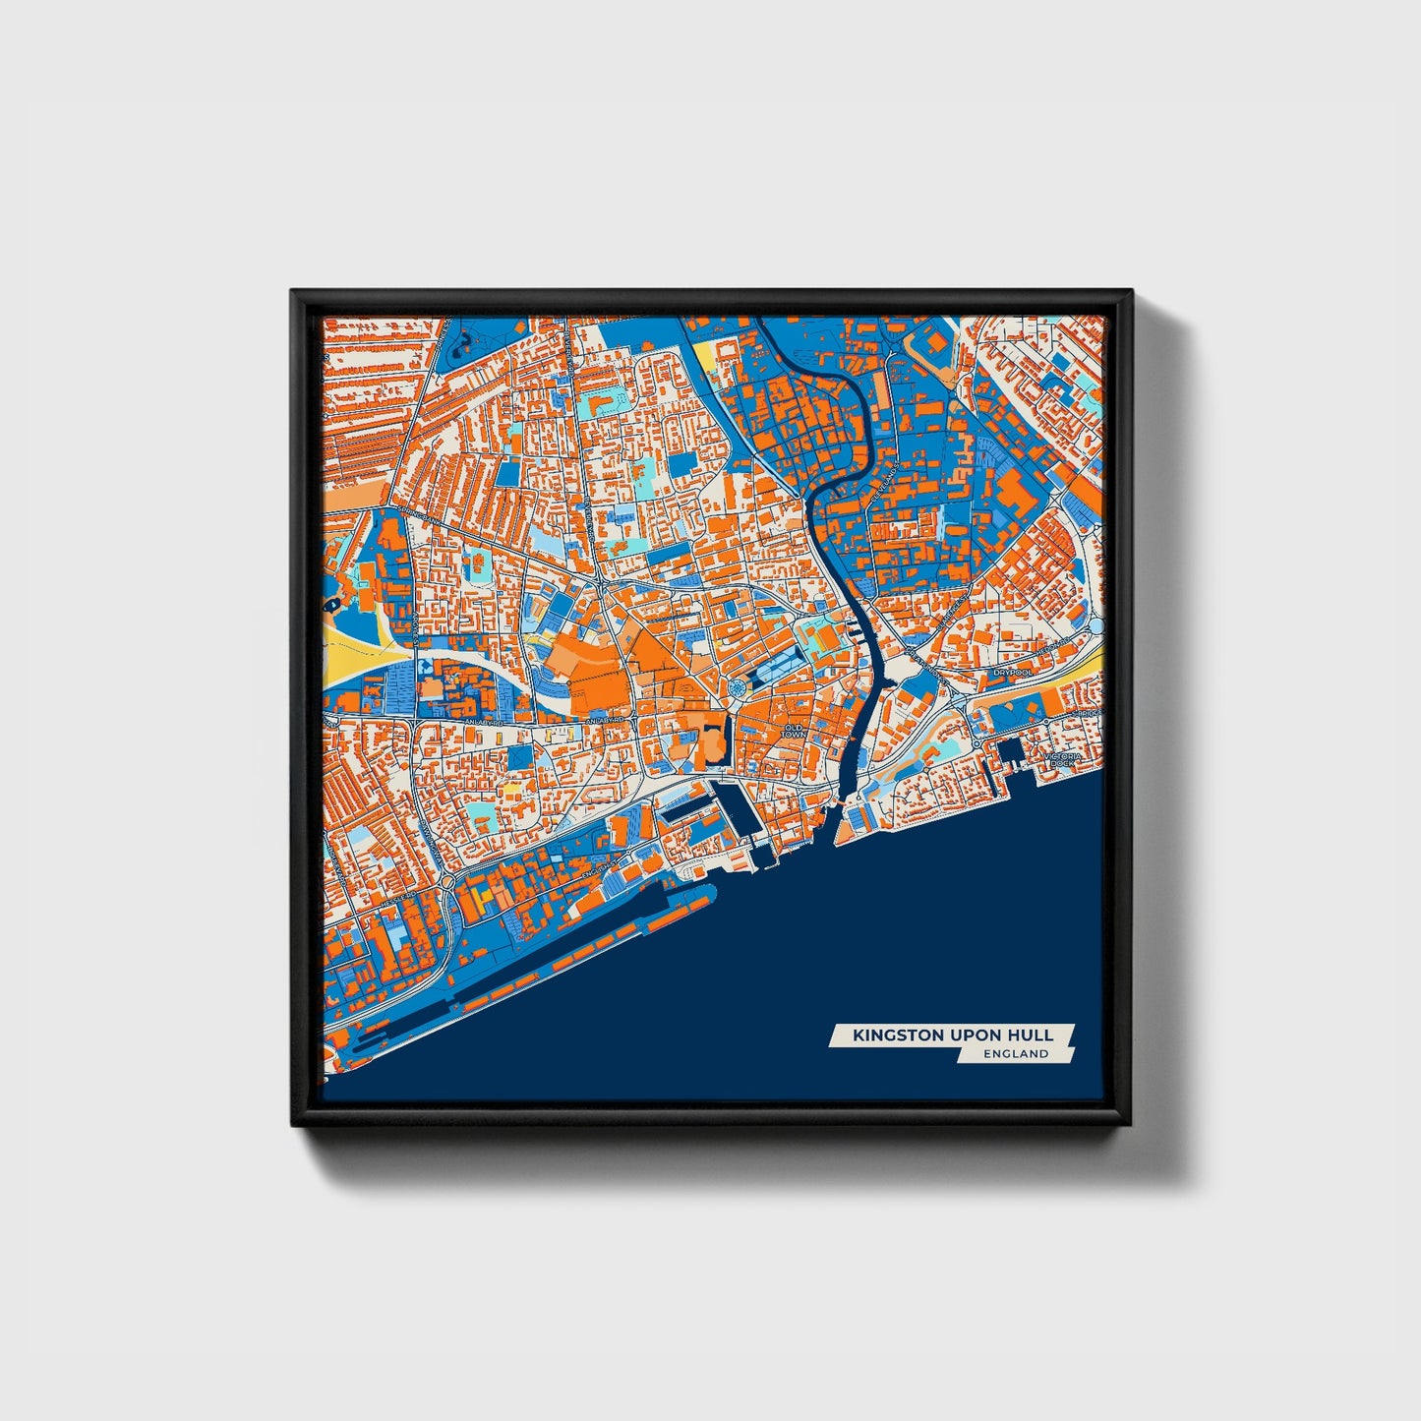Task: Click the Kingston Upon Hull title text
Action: [x=952, y=1035]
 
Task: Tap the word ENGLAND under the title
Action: [x=1016, y=1054]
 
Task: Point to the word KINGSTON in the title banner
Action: [x=888, y=1035]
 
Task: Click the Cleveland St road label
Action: [x=885, y=484]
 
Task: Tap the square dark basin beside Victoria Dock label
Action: [x=1009, y=755]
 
